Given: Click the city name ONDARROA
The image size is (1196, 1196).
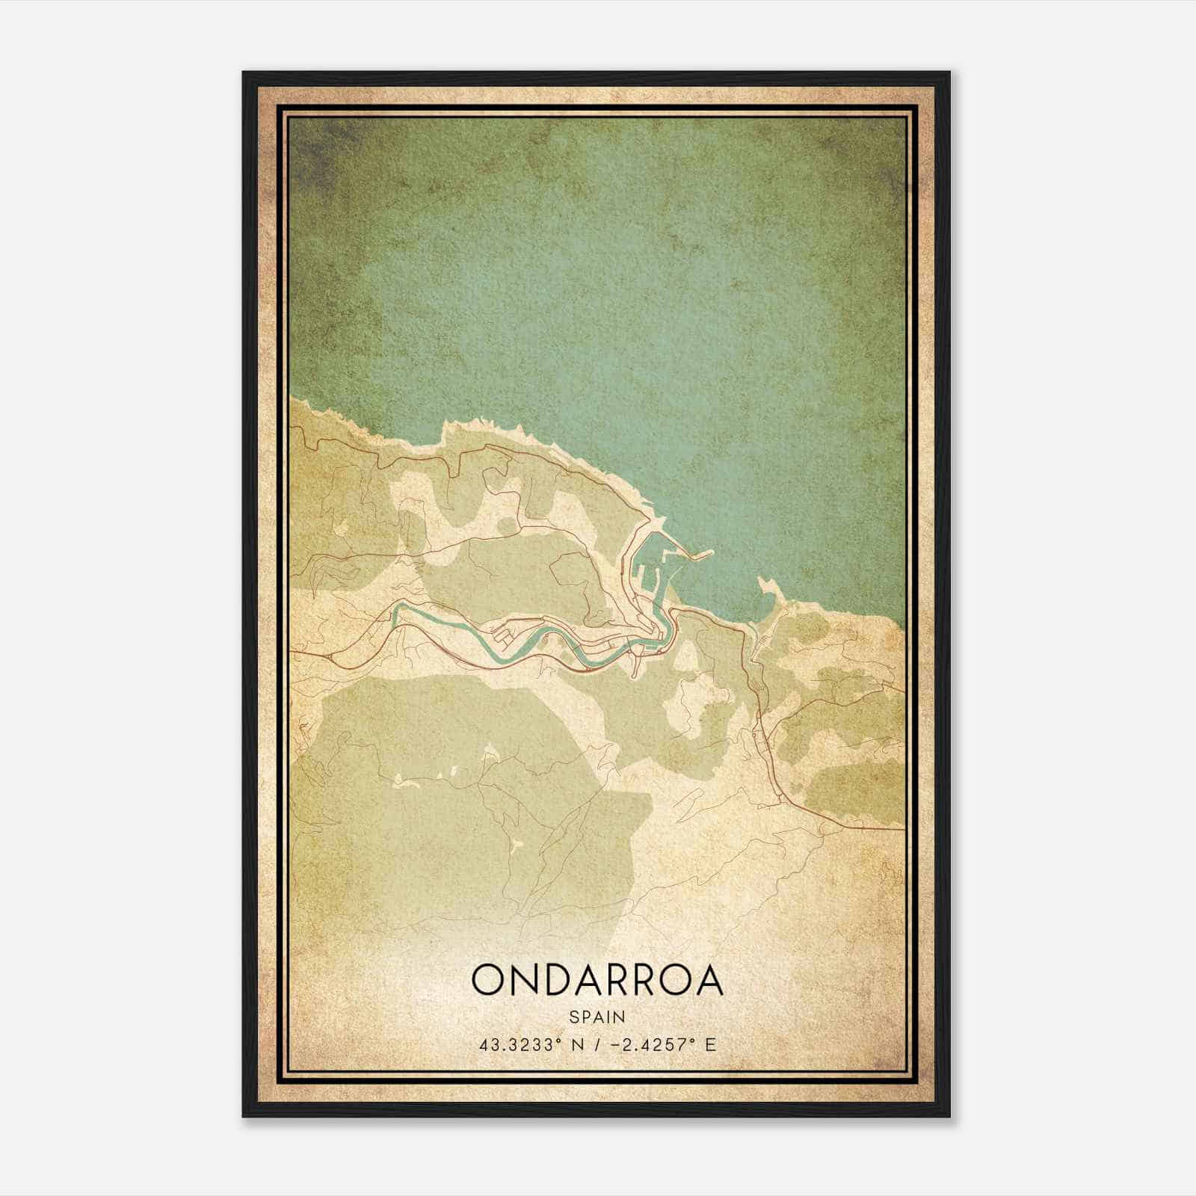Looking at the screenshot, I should [597, 980].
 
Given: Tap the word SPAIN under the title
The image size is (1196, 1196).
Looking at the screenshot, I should [597, 1017].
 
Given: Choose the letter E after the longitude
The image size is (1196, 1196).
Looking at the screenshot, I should [710, 1044].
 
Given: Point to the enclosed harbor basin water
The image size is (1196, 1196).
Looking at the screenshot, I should [658, 579].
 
